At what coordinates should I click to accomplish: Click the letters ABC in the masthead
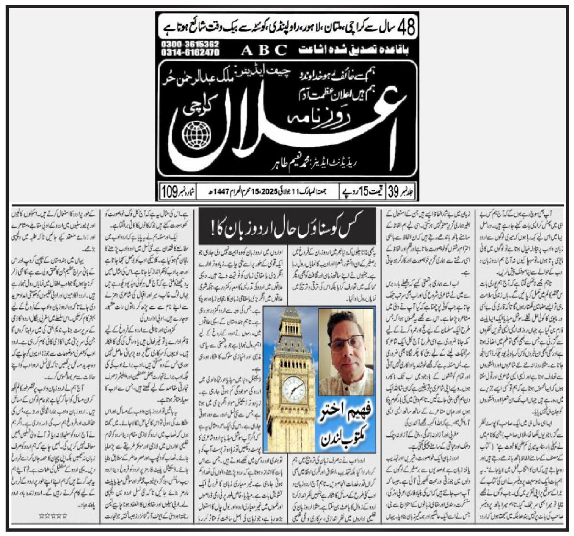coord(264,49)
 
